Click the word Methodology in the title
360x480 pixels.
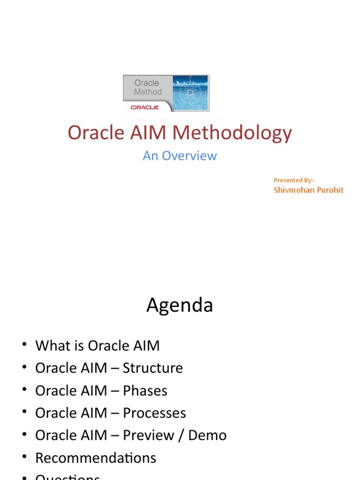232,134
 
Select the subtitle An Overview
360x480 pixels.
180,156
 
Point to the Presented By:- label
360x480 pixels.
295,180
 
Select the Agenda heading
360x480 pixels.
180,306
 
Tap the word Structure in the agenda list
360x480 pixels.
153,368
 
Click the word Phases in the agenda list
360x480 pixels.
145,390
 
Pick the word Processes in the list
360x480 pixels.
154,413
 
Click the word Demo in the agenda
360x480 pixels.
207,435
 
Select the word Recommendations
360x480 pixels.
96,458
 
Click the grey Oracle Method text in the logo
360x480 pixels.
148,88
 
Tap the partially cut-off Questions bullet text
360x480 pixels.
67,477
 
